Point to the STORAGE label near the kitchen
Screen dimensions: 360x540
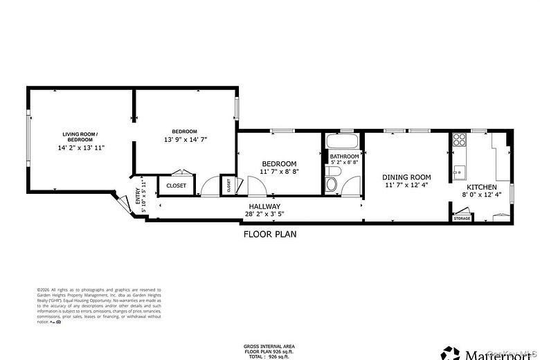click(462, 219)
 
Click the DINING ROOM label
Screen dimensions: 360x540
click(406, 177)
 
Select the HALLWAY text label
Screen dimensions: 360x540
click(264, 206)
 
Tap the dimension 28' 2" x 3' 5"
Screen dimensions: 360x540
click(264, 215)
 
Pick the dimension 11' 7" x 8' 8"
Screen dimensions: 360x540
click(279, 172)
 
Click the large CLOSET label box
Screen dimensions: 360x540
click(177, 186)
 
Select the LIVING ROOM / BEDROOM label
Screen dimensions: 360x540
click(80, 136)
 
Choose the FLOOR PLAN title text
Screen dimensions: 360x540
click(269, 234)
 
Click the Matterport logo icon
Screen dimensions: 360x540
click(451, 354)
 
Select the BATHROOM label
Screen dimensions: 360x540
click(344, 156)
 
